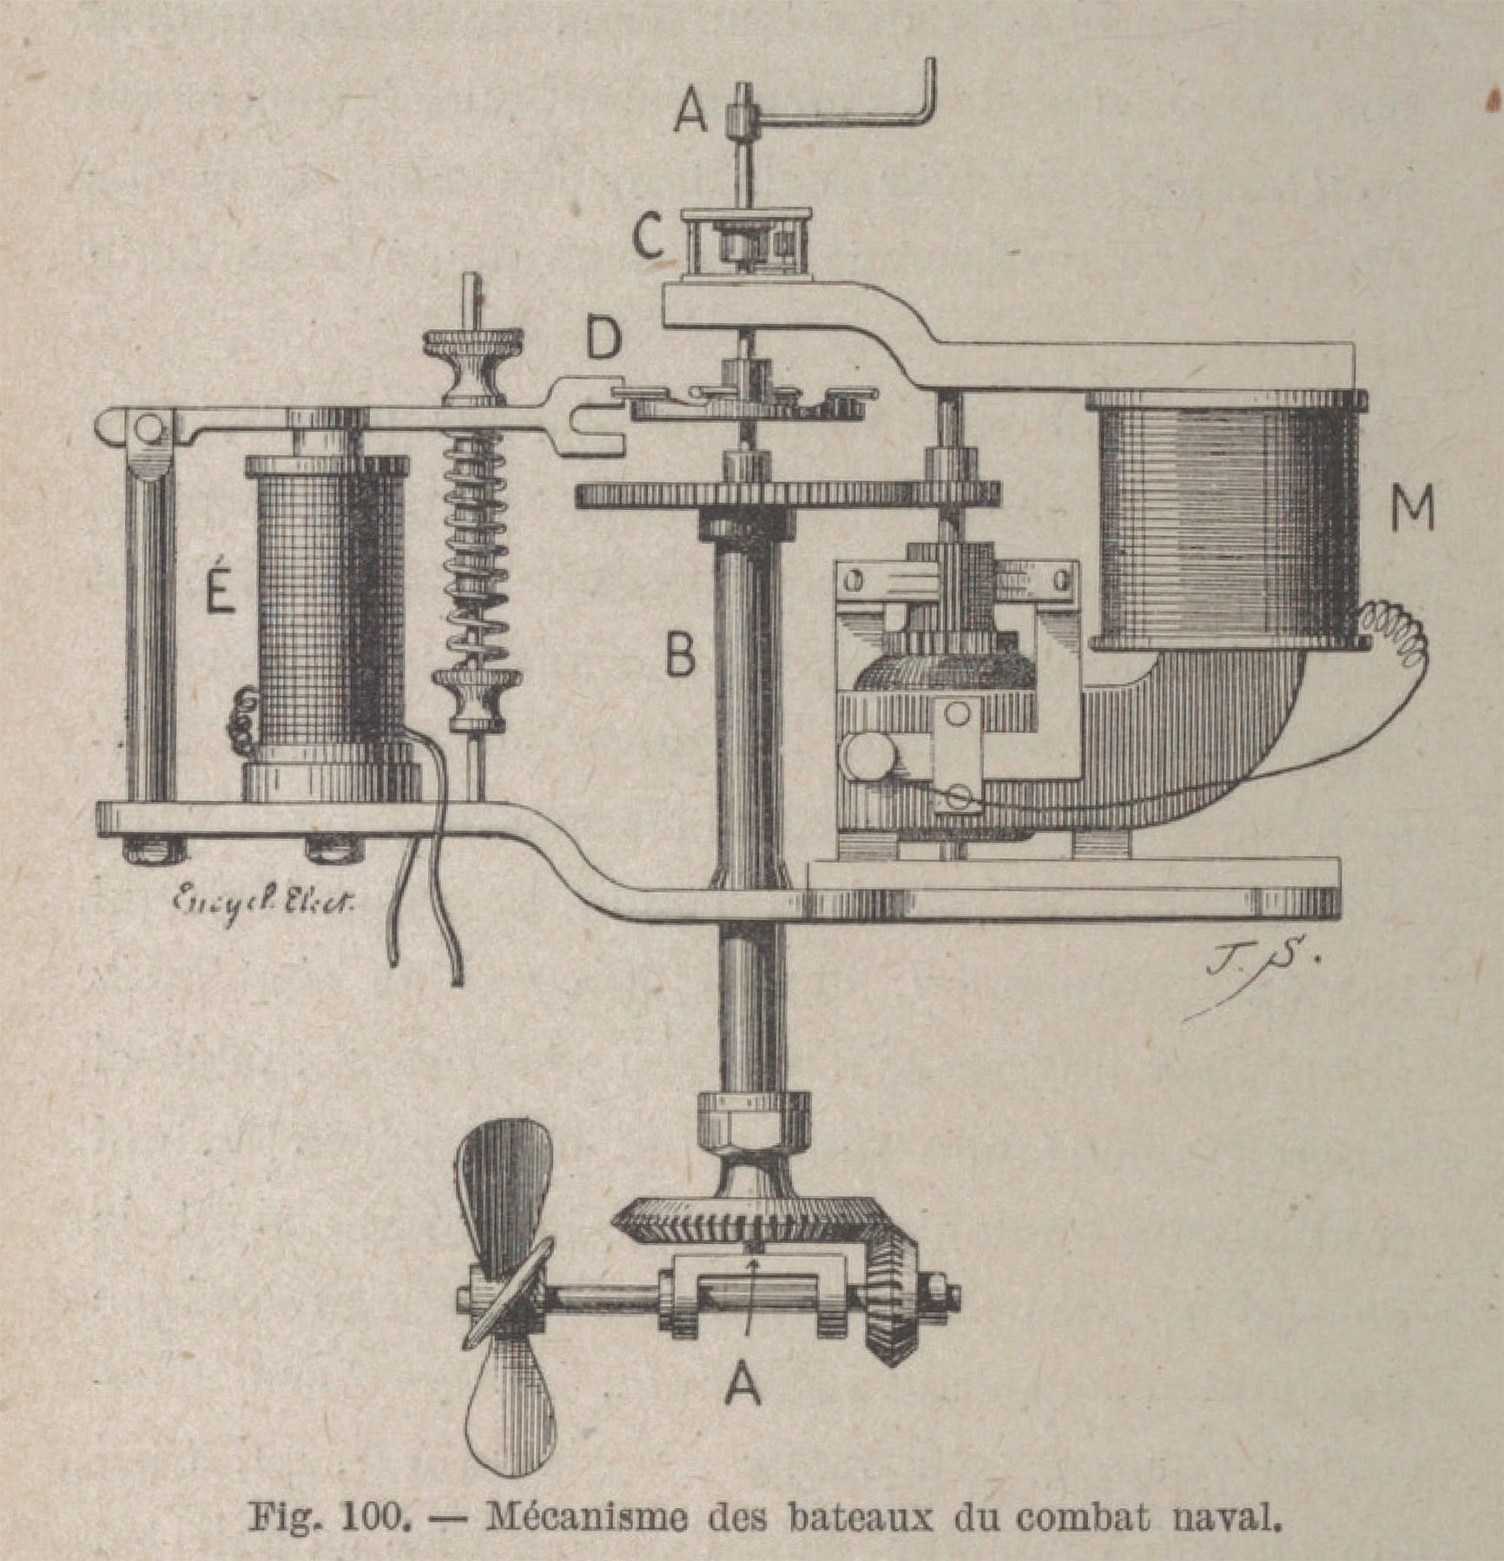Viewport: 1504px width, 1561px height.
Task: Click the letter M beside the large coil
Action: point(1412,507)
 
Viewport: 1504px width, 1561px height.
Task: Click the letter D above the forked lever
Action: point(603,340)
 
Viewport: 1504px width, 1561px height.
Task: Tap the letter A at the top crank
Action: point(691,111)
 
